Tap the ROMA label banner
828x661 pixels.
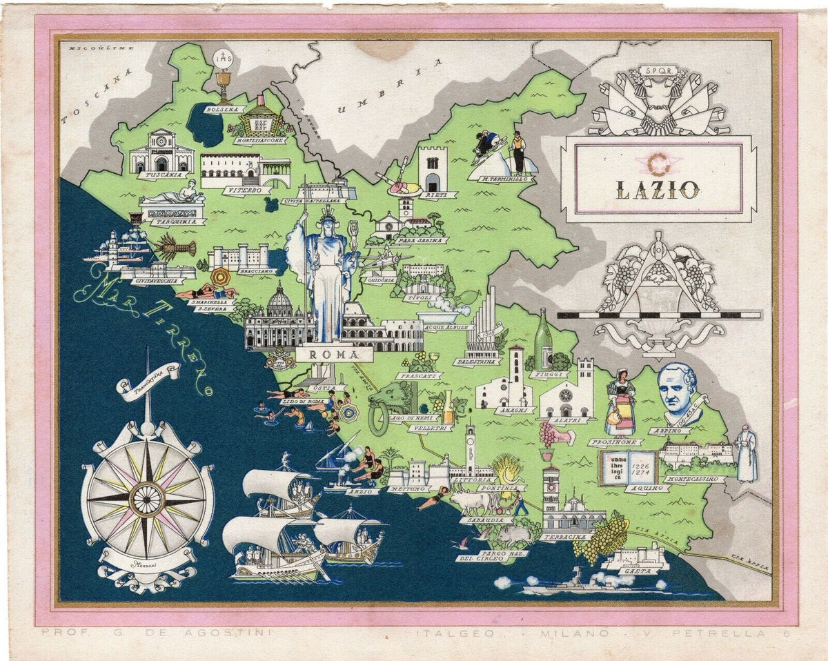click(334, 355)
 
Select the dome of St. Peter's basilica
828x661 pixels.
click(279, 302)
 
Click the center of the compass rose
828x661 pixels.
click(146, 495)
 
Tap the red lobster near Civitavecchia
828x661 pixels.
click(175, 246)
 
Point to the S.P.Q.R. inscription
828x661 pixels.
click(657, 70)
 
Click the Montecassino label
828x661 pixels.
click(694, 478)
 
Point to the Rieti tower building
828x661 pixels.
click(433, 169)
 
